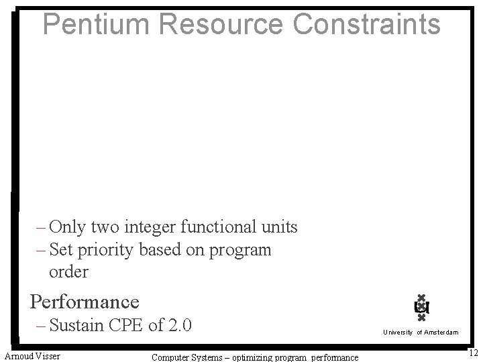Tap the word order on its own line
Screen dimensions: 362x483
point(68,272)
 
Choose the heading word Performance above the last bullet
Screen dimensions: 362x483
point(85,302)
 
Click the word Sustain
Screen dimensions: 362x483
point(76,326)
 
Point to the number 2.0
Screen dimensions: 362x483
point(179,326)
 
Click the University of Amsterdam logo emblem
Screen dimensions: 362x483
point(421,308)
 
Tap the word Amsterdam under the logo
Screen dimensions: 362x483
point(441,333)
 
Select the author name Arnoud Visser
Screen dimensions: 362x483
point(32,355)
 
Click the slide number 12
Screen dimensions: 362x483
point(472,353)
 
